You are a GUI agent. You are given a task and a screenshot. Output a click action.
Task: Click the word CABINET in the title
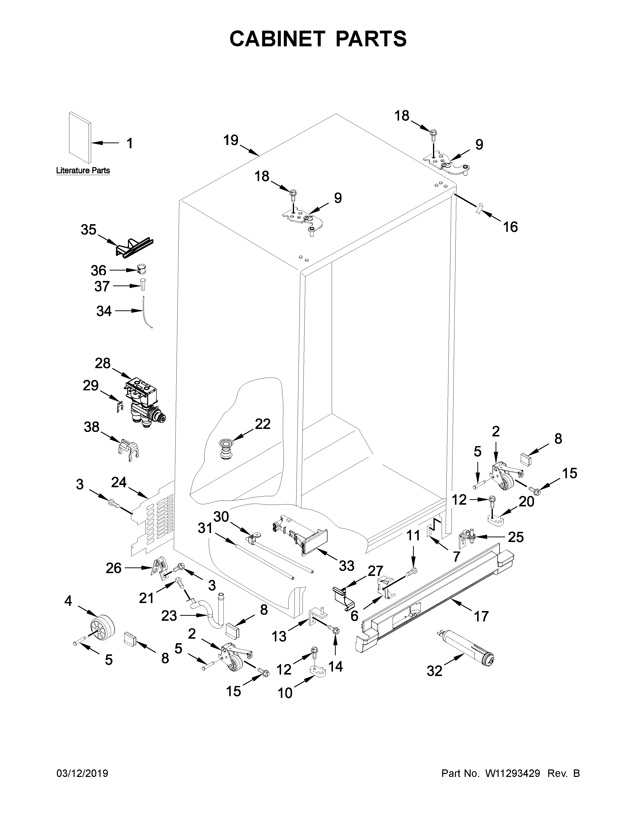tap(277, 39)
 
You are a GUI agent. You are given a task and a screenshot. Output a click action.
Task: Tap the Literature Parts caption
tap(83, 170)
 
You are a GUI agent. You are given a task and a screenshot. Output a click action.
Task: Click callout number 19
tap(231, 140)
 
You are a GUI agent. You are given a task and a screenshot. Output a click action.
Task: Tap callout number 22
tap(263, 424)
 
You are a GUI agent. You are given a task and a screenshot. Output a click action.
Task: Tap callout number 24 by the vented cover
tap(119, 482)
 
